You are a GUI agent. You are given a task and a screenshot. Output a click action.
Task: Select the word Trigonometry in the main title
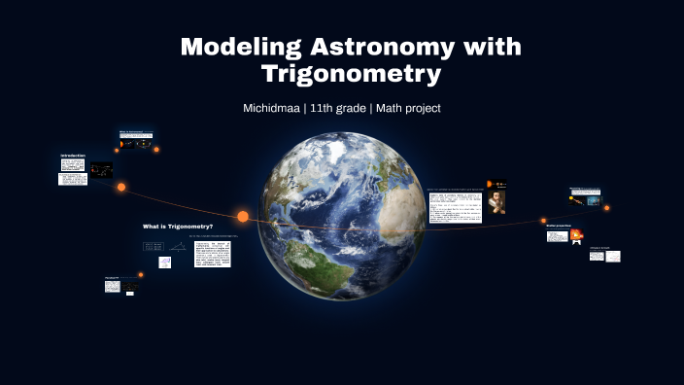click(352, 74)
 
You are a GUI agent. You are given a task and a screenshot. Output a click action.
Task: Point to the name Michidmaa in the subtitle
click(270, 108)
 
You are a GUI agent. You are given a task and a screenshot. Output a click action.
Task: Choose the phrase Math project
click(407, 108)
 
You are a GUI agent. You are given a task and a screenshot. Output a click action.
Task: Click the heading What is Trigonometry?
click(177, 226)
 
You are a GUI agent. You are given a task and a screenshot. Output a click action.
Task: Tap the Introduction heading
click(74, 156)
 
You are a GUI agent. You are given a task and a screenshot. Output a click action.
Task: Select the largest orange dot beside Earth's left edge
click(243, 216)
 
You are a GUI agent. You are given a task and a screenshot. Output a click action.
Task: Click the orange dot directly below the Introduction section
click(121, 187)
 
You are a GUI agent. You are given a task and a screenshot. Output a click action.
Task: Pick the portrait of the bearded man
click(496, 201)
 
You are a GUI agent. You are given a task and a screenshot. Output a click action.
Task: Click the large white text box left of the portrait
click(455, 206)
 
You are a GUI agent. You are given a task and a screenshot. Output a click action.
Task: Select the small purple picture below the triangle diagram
click(165, 262)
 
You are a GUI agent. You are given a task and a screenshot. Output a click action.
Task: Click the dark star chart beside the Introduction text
click(101, 170)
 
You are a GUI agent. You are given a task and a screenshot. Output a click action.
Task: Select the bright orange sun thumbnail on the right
click(576, 234)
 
